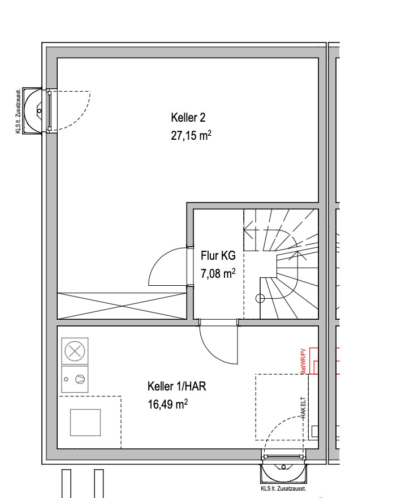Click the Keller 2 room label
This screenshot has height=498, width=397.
[x=188, y=118]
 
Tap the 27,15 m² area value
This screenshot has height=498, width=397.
[x=191, y=135]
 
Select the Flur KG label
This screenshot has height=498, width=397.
[x=218, y=255]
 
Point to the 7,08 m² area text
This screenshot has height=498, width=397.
[x=218, y=273]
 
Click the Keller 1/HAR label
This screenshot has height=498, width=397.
[x=177, y=386]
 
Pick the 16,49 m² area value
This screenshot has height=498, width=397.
[x=167, y=404]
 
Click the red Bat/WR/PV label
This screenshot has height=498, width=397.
[x=303, y=361]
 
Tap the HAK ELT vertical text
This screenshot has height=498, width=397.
[x=303, y=407]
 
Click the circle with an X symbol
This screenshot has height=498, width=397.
[x=75, y=351]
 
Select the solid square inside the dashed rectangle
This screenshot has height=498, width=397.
[x=85, y=422]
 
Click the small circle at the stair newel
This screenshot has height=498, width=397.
[x=260, y=298]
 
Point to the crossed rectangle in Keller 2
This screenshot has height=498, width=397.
[x=122, y=306]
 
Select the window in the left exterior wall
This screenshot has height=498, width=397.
[x=49, y=111]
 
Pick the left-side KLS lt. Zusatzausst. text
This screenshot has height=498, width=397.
[x=18, y=111]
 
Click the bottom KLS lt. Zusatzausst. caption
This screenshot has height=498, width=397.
[x=283, y=488]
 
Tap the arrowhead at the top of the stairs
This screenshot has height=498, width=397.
[x=249, y=229]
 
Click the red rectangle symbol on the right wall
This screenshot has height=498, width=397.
[x=313, y=361]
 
